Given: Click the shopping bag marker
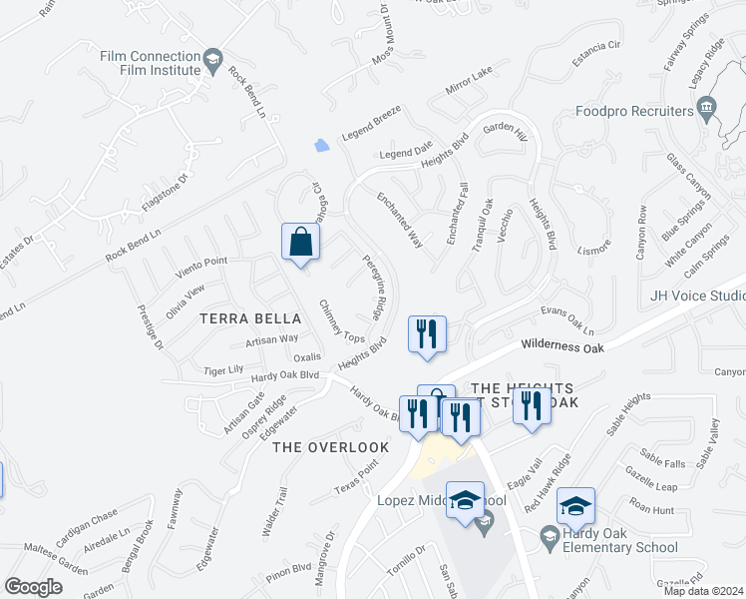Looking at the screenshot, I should (x=301, y=243).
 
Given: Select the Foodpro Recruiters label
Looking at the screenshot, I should (x=634, y=111).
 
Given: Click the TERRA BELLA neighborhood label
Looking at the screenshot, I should (x=250, y=318).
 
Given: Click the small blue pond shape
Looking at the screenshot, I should (x=321, y=146).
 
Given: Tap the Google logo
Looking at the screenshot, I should (x=33, y=587).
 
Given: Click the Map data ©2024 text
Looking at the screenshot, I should (x=703, y=591).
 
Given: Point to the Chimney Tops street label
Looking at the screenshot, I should (x=341, y=321).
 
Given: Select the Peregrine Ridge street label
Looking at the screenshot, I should (x=369, y=285).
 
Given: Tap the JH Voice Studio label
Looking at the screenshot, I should (x=698, y=296).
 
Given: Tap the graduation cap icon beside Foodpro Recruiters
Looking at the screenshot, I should (x=706, y=106).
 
